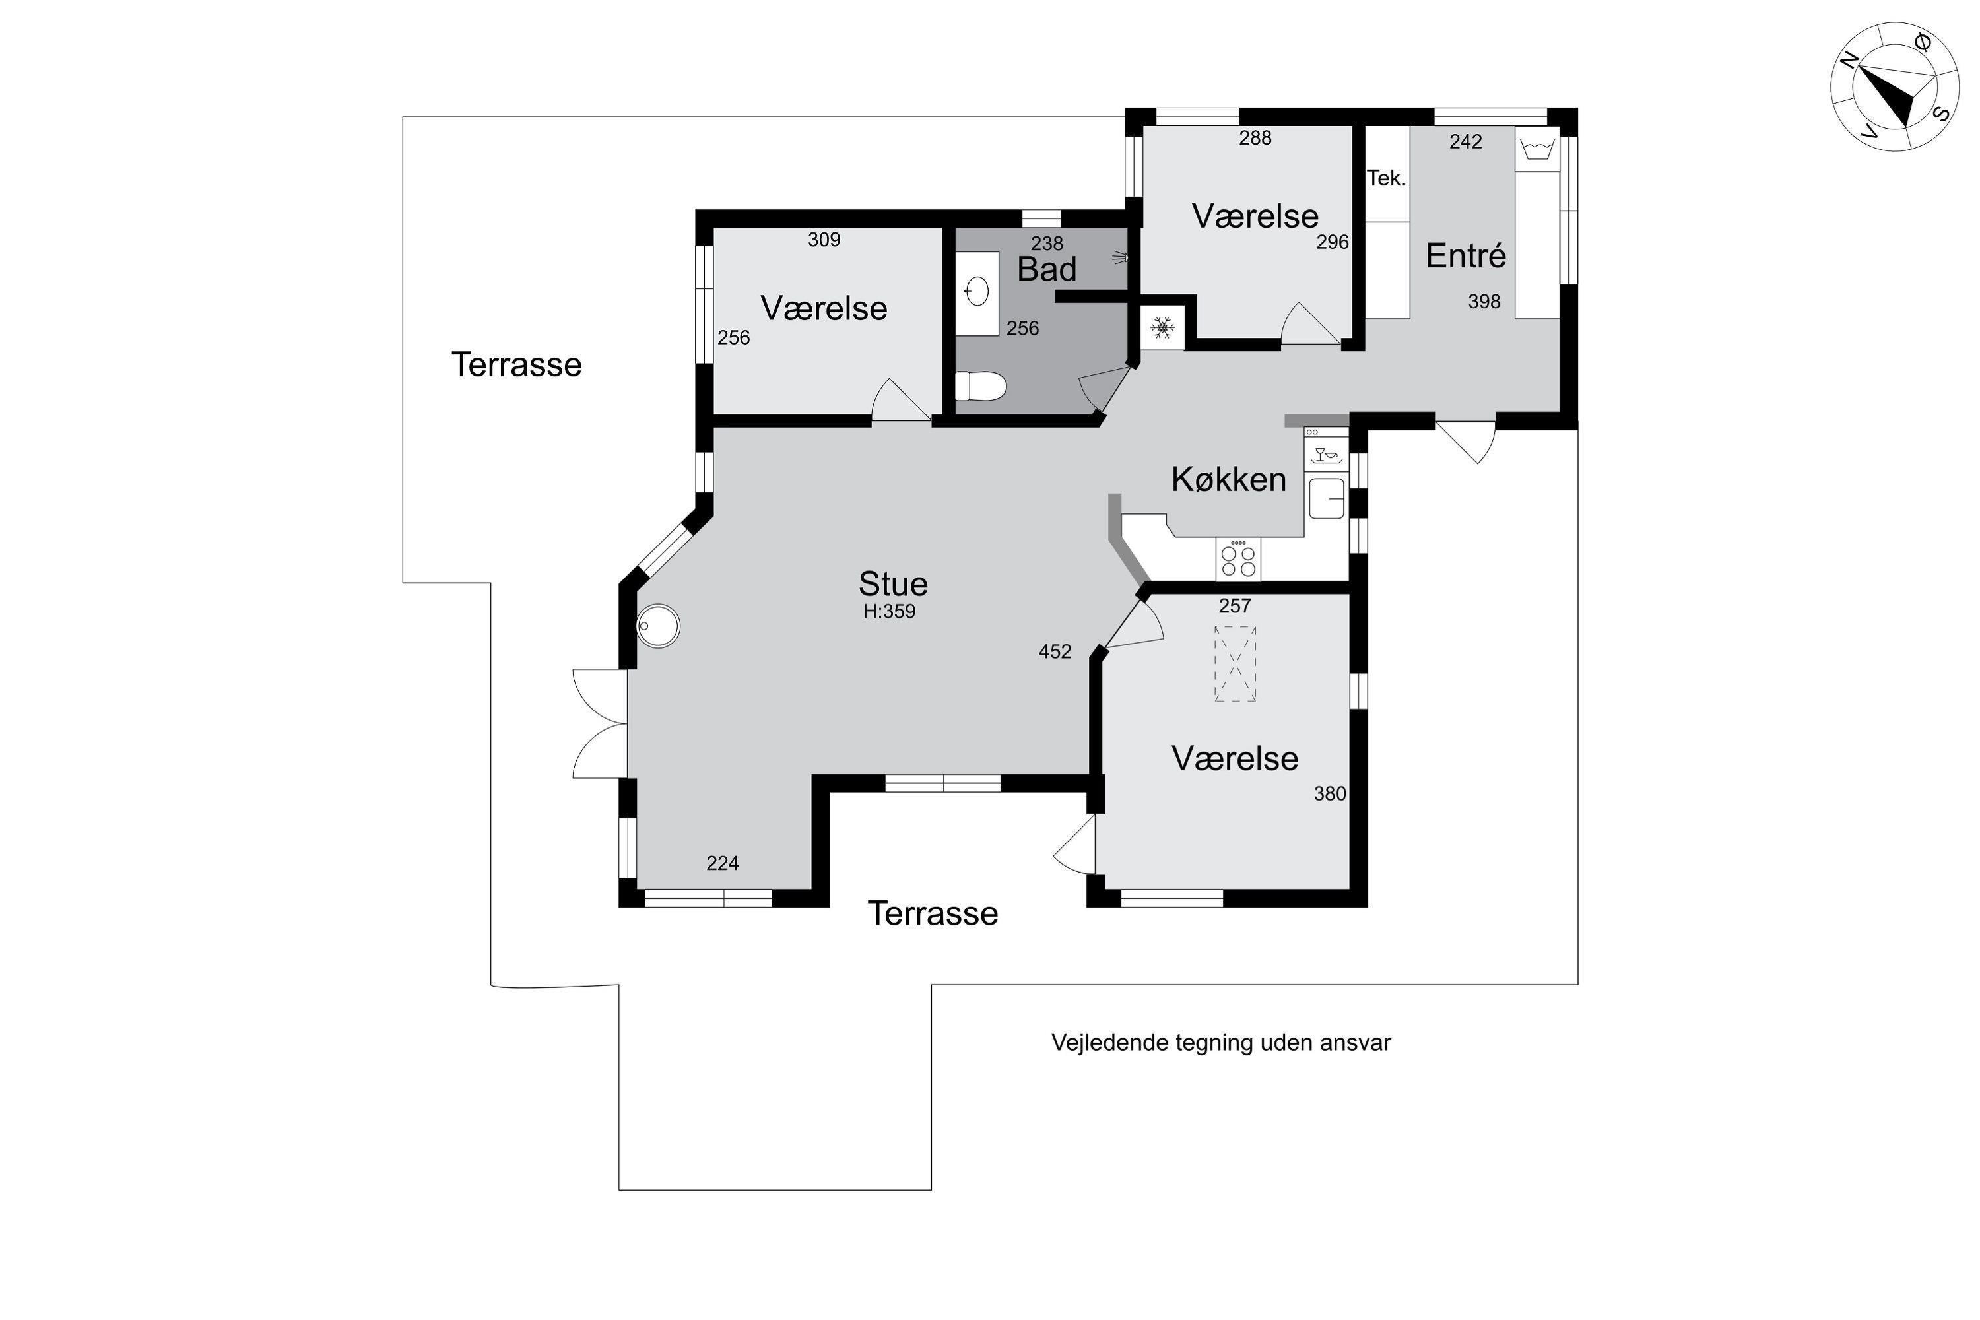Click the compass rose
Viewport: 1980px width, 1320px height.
[x=1894, y=86]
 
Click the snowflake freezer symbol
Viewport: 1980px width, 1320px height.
[x=1162, y=327]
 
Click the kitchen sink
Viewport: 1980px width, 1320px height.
[x=1327, y=498]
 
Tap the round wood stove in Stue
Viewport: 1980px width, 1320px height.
[x=658, y=626]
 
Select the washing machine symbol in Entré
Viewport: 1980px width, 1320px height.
[x=1537, y=150]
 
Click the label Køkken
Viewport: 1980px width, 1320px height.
[x=1228, y=479]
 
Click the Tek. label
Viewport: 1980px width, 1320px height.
[x=1385, y=178]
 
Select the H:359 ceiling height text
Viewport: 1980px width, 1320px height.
[x=889, y=612]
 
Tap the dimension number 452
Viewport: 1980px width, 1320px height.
[x=1055, y=651]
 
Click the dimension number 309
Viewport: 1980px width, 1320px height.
[x=824, y=240]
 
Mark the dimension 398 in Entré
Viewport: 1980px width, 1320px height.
[x=1484, y=302]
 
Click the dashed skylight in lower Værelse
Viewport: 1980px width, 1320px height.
[x=1235, y=663]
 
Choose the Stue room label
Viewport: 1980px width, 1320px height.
[x=892, y=583]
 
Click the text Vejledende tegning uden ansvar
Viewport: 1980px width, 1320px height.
[x=1220, y=1042]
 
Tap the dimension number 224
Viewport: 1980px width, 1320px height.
[x=722, y=863]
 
